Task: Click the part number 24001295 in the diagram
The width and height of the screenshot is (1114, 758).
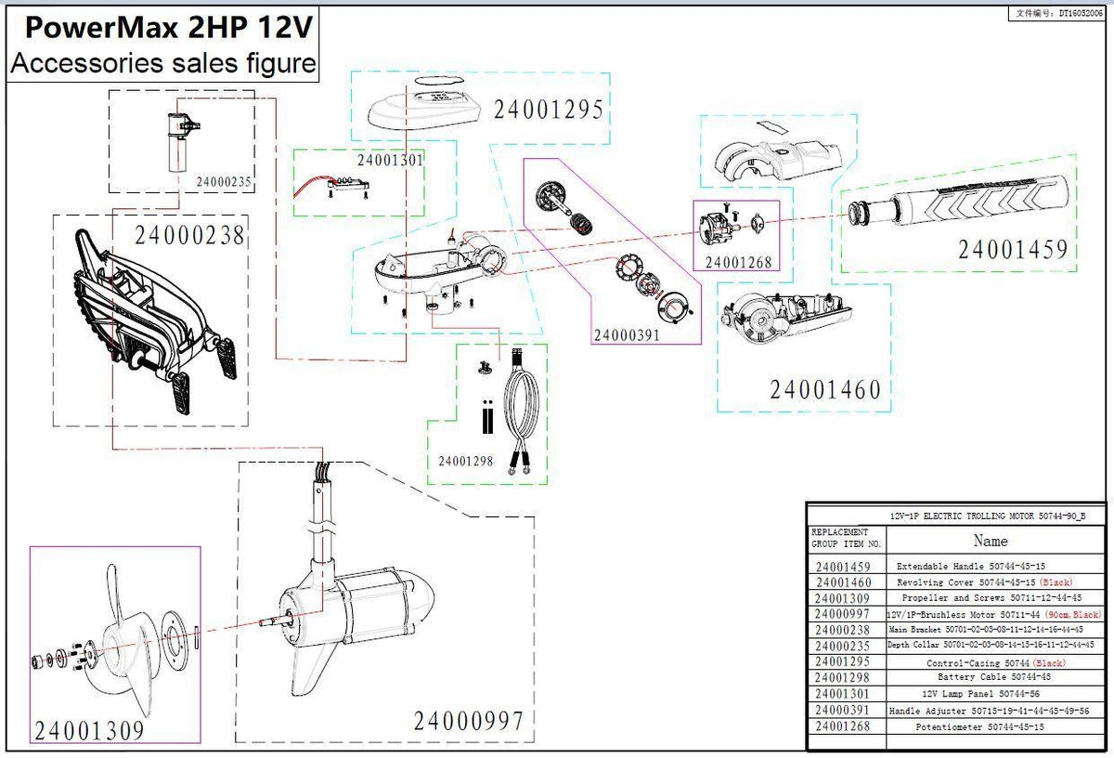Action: [549, 110]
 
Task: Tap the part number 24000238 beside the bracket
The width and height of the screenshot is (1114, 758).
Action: [189, 236]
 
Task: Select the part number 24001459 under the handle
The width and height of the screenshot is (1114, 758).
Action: [1013, 249]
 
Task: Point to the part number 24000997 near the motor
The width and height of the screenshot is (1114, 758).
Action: [468, 720]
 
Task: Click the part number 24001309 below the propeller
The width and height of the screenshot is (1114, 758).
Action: [89, 730]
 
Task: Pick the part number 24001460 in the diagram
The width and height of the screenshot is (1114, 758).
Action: [825, 389]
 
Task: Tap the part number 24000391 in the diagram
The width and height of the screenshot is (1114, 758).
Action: [627, 334]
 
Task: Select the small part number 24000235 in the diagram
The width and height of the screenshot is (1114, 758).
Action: [224, 181]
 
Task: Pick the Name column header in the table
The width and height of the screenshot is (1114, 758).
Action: [990, 540]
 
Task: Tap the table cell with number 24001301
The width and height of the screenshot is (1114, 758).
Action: [843, 693]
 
